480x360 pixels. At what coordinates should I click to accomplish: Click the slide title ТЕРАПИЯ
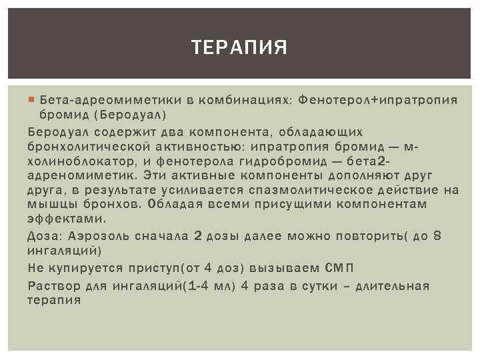[239, 47]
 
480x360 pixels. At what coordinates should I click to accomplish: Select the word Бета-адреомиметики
[105, 100]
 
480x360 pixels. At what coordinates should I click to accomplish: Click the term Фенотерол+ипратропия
[378, 100]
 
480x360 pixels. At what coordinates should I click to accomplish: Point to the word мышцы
[49, 205]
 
